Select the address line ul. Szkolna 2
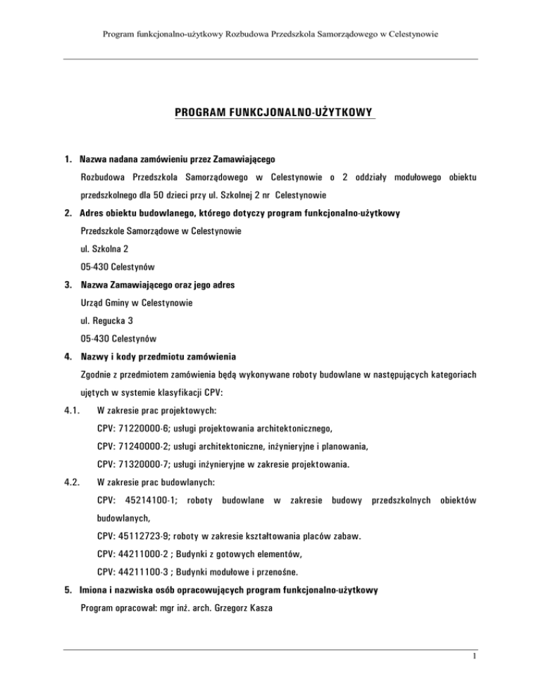tap(105, 248)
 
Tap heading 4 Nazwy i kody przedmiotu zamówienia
tap(162, 358)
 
